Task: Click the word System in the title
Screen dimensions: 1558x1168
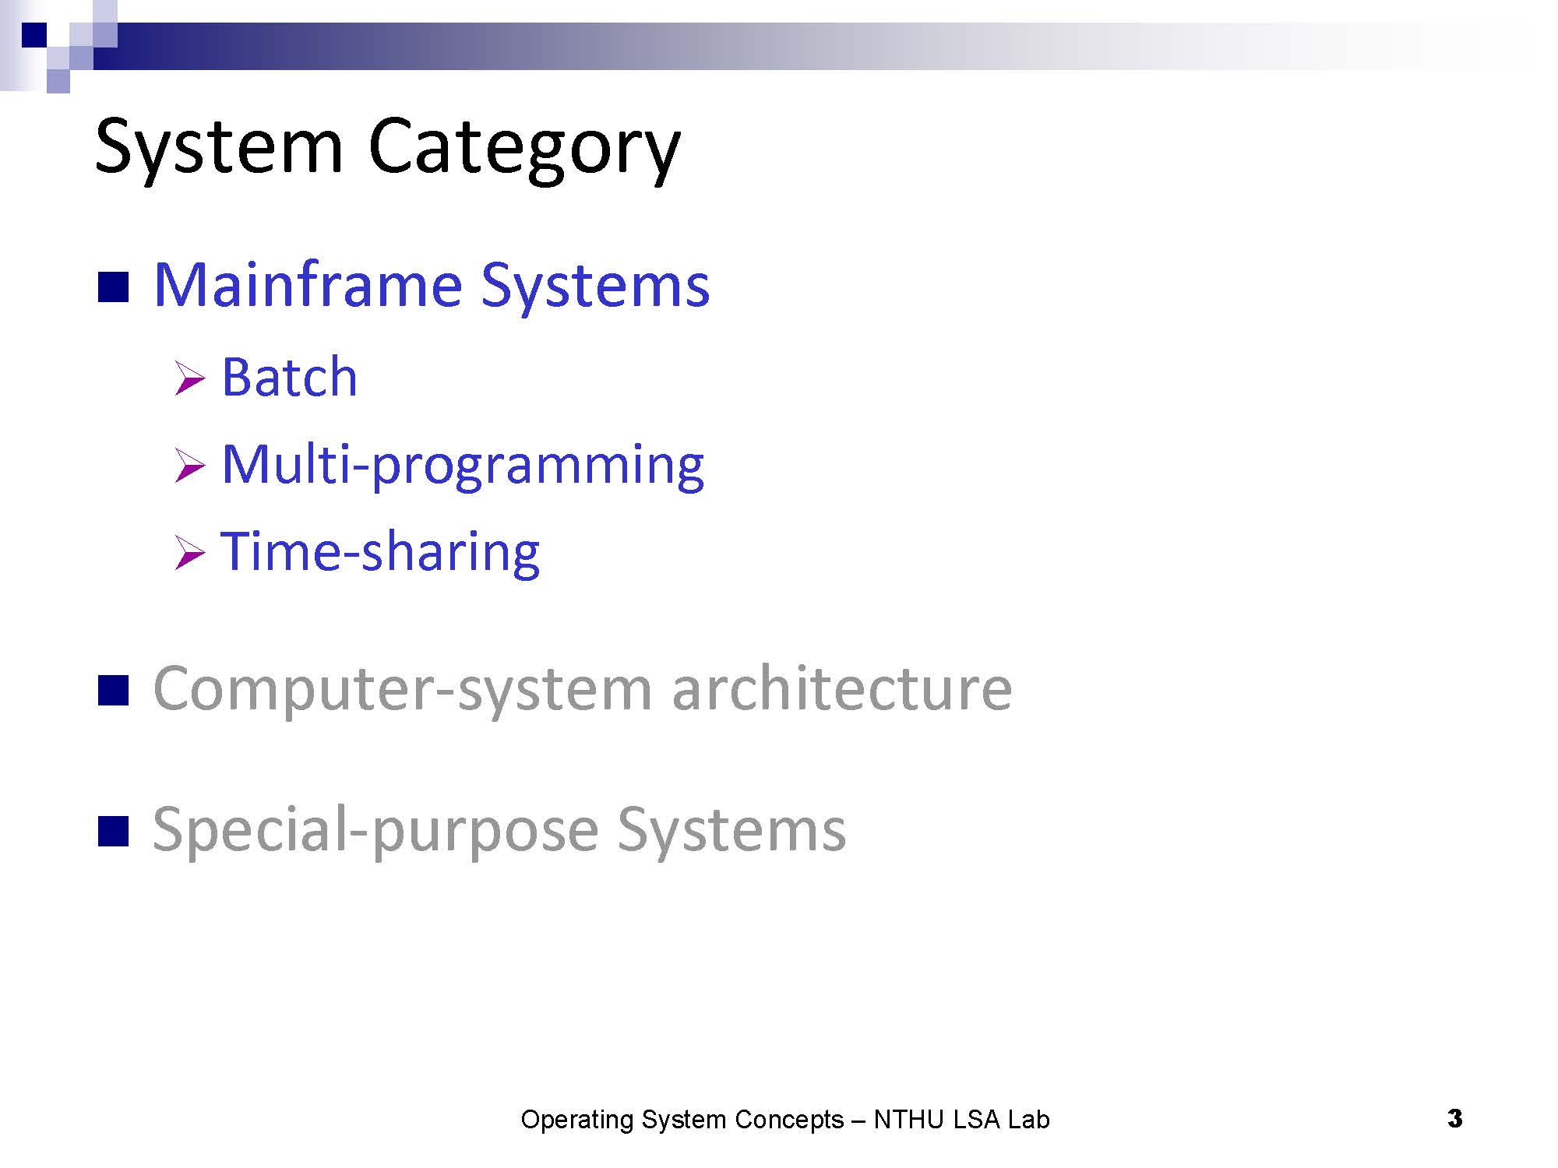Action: click(x=219, y=148)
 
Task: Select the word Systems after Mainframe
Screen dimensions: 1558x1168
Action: click(x=595, y=286)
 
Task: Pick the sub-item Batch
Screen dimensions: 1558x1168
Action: click(x=289, y=377)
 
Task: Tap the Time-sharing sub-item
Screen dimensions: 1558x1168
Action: click(x=381, y=553)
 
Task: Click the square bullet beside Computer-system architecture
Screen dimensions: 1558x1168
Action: click(x=113, y=691)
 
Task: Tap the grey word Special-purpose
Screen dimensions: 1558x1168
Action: click(x=375, y=831)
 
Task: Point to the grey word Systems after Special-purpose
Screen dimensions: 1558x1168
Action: click(x=731, y=831)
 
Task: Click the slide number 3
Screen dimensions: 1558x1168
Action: click(x=1454, y=1119)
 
